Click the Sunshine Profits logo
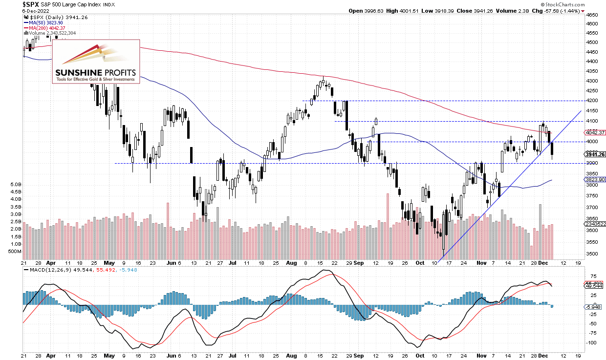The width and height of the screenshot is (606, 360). [96, 61]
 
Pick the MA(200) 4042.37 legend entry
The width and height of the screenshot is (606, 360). [47, 27]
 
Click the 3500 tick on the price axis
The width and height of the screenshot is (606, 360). [591, 254]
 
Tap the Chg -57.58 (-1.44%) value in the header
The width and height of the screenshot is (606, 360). [565, 10]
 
